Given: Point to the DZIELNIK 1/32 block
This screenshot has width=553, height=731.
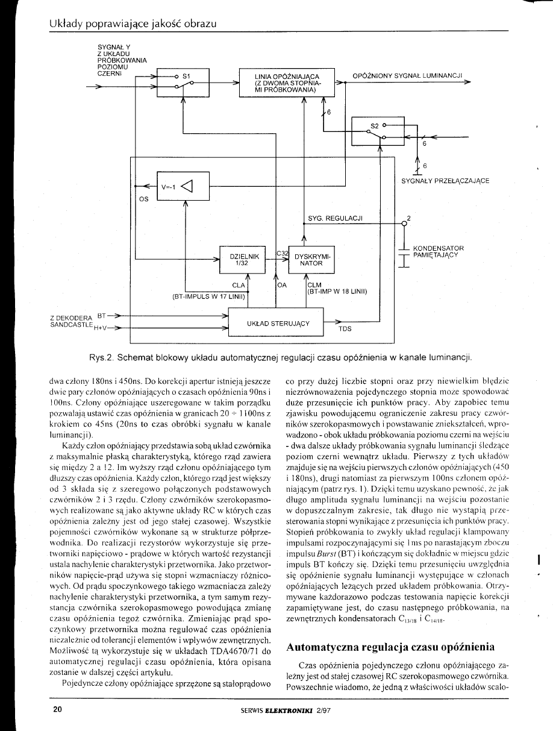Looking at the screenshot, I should (245, 260).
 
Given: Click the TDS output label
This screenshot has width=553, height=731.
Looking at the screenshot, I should (345, 329).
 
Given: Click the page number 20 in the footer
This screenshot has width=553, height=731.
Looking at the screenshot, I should (58, 710).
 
